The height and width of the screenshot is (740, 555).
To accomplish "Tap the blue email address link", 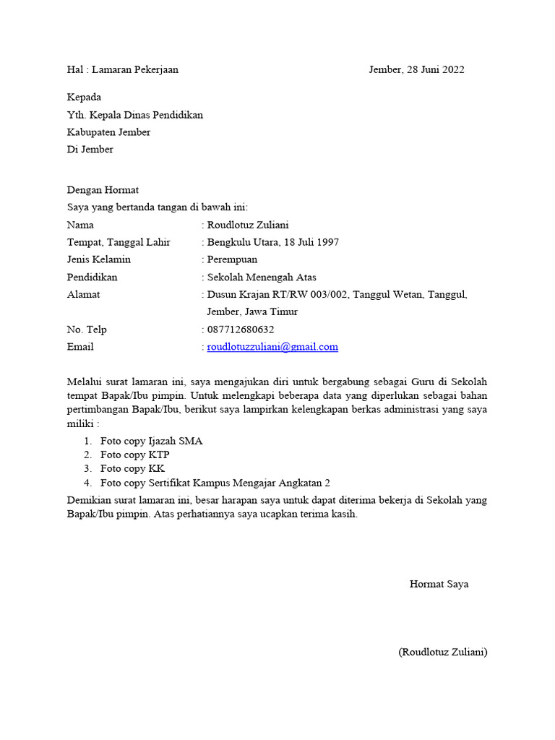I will pos(272,347).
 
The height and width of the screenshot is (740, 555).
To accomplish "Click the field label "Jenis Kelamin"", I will pos(99,259).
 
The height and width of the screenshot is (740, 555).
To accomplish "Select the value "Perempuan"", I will pos(232,259).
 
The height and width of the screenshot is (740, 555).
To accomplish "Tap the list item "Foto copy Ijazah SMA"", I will pos(151,441).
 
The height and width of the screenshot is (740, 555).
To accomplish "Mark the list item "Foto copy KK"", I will pos(132,468).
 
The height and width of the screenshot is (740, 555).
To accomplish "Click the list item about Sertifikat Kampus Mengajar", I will pos(215,483).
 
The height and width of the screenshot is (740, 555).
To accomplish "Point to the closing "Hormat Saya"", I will pos(439,584).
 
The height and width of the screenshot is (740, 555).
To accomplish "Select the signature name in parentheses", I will pos(442,653).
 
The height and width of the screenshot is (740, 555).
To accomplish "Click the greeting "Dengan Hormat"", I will pos(103,190).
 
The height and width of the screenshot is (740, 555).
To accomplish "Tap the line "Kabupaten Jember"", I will pos(108,132).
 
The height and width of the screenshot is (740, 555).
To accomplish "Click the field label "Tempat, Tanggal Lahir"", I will pos(119,242).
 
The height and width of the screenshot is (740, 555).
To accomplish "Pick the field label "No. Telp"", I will pos(87,330).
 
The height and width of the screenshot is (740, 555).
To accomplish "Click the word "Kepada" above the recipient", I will pos(84,98).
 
